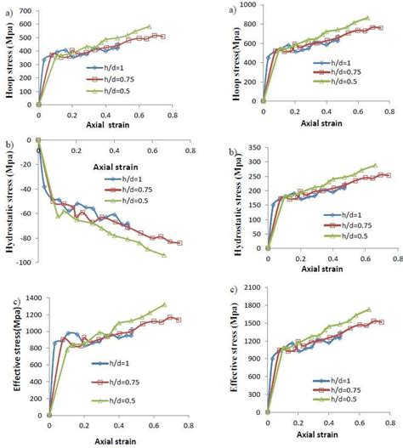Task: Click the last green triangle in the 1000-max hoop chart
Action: coord(367,17)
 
